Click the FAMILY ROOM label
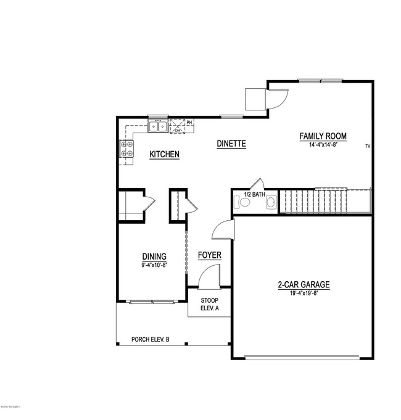(x=323, y=136)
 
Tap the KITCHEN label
(x=165, y=154)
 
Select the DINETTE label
(x=231, y=144)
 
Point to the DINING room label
(x=154, y=257)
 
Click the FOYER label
(x=209, y=255)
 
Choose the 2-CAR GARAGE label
(x=303, y=285)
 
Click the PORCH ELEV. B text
(x=154, y=339)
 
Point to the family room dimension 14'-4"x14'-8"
(x=323, y=146)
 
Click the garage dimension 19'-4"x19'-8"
(x=303, y=294)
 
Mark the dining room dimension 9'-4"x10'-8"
(x=154, y=265)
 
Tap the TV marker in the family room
(x=367, y=146)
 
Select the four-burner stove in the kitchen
(x=127, y=148)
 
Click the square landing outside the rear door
(x=255, y=99)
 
